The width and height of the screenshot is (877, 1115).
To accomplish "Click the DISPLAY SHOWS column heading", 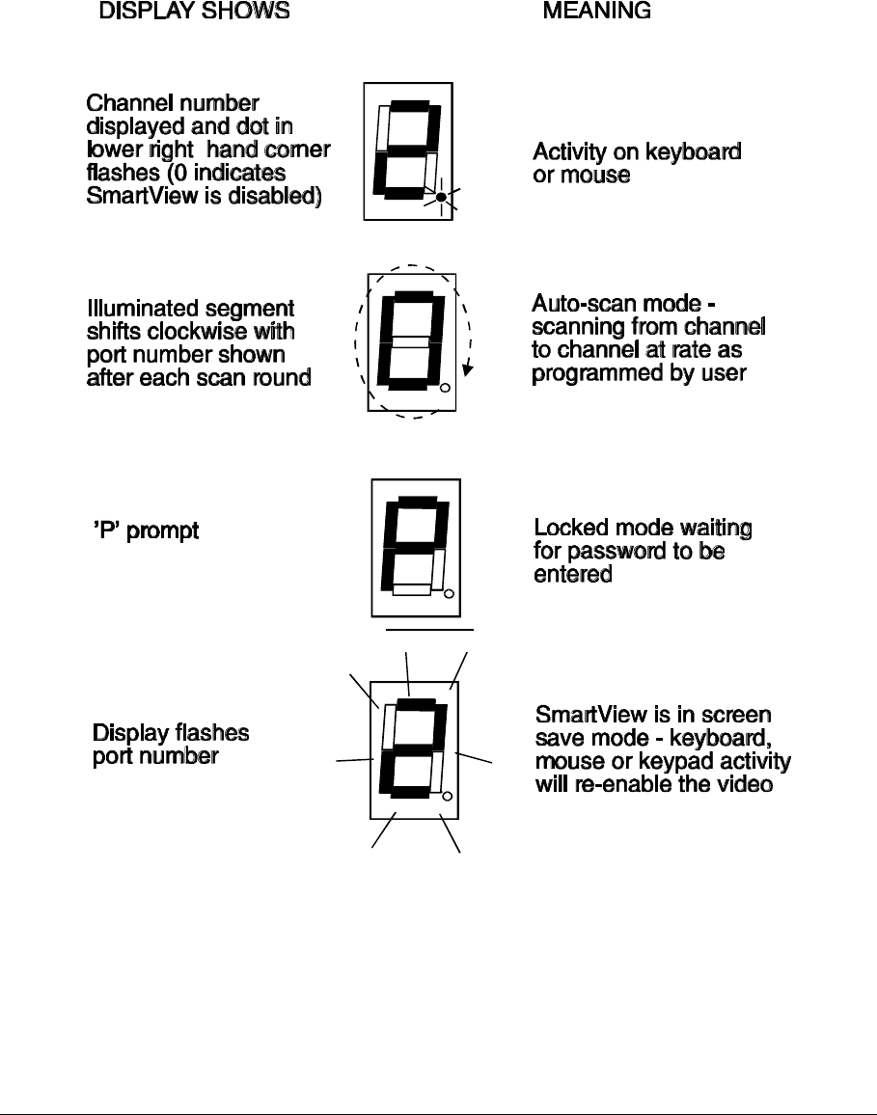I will pyautogui.click(x=194, y=12).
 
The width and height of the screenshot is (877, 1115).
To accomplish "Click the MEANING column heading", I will pyautogui.click(x=596, y=12).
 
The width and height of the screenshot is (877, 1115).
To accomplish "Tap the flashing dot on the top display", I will pyautogui.click(x=441, y=198).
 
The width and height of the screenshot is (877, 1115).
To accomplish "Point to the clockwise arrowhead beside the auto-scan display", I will pyautogui.click(x=468, y=367).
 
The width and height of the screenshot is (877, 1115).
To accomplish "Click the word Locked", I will pyautogui.click(x=571, y=528).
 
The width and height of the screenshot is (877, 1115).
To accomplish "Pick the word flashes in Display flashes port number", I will pyautogui.click(x=211, y=733).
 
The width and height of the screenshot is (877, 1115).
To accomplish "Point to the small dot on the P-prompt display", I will pyautogui.click(x=449, y=593).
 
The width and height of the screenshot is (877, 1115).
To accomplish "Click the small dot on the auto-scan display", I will pyautogui.click(x=445, y=389).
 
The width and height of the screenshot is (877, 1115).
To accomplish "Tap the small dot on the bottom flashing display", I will pyautogui.click(x=447, y=796).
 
